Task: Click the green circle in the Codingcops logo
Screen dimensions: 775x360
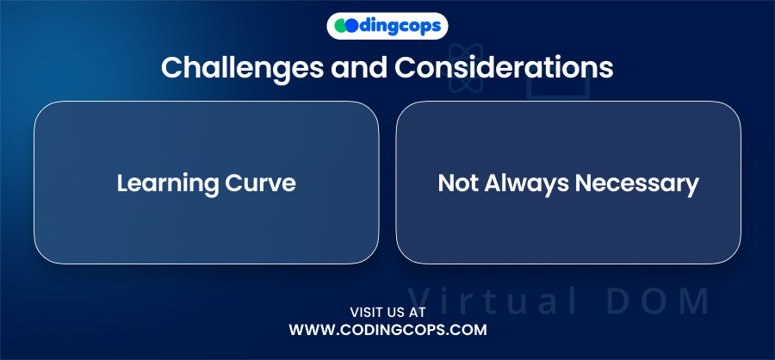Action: point(341,26)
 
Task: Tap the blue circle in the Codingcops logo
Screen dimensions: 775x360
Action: point(351,26)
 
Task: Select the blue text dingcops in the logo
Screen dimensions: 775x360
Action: point(400,27)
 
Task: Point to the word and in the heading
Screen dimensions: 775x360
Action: point(359,67)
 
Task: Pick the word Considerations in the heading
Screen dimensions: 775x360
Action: point(504,67)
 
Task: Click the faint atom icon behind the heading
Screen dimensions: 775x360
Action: point(466,68)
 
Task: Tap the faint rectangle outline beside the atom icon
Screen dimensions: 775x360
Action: point(558,85)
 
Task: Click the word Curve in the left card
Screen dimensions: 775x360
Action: point(260,183)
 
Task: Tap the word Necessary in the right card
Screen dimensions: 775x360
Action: point(637,184)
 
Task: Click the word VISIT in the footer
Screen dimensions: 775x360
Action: point(366,313)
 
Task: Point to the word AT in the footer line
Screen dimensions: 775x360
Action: point(417,313)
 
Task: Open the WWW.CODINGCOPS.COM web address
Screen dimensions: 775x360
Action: point(388,330)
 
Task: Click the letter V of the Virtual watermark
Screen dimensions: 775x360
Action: point(419,301)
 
